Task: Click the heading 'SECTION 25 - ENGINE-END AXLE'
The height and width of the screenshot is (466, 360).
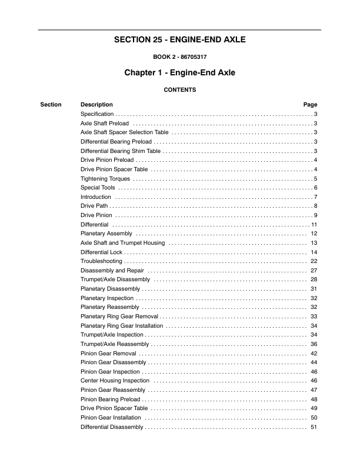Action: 179,41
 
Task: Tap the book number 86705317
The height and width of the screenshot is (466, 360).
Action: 189,58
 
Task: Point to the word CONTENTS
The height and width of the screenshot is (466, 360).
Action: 180,90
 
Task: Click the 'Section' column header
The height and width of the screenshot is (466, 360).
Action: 51,105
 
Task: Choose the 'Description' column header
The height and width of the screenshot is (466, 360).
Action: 96,105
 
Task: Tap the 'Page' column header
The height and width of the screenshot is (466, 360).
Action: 310,105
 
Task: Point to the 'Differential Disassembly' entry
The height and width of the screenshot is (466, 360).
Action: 111,427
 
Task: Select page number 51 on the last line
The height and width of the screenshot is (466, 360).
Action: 314,427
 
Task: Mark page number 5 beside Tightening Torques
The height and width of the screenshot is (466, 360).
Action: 316,178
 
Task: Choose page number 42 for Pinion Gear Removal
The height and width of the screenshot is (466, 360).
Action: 314,353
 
